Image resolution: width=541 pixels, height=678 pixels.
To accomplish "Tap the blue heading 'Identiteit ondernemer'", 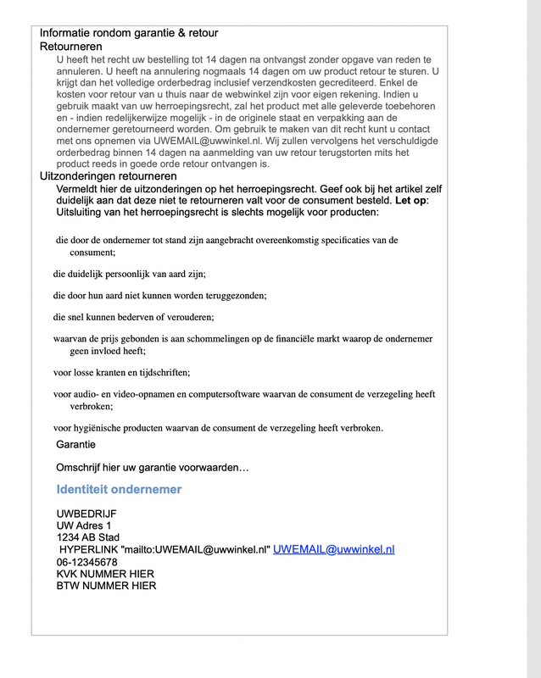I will (x=119, y=489).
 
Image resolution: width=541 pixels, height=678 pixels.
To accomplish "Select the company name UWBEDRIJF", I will (x=86, y=514).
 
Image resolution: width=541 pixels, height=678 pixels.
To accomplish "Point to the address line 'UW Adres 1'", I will (x=84, y=525).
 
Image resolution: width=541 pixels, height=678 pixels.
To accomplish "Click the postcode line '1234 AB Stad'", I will (x=88, y=537).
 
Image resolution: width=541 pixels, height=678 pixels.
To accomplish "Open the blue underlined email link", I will (x=334, y=549).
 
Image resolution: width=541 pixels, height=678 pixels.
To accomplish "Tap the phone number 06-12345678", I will (x=86, y=561).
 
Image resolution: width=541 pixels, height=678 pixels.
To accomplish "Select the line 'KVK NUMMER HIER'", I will (x=105, y=573).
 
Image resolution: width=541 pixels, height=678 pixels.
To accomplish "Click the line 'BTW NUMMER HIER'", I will (x=106, y=585).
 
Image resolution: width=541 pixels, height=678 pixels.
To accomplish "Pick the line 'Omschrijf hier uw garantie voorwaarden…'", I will (x=153, y=467).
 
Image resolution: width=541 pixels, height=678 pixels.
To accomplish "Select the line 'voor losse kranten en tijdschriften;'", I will (x=121, y=372).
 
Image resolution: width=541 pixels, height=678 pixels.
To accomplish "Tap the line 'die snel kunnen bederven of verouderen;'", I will (x=133, y=317).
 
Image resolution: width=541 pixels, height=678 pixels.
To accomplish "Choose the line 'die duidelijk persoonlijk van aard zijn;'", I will (x=129, y=274).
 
